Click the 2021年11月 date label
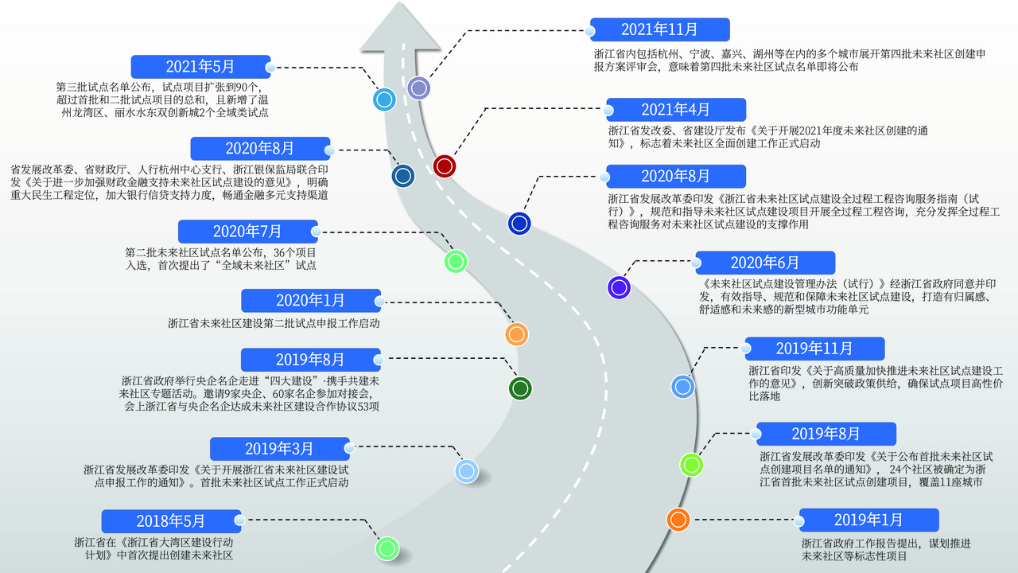click(659, 29)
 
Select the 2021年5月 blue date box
click(200, 67)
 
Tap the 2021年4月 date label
click(675, 110)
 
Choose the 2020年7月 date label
click(247, 232)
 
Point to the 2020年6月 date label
click(764, 263)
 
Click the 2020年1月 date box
click(311, 300)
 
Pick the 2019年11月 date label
click(814, 349)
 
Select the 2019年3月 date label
click(279, 449)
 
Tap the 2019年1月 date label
click(868, 520)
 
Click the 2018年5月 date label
click(170, 521)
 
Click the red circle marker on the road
click(445, 166)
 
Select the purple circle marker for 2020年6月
click(619, 287)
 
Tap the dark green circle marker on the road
click(520, 388)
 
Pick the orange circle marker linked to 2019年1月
click(678, 520)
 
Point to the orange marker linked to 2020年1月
click(517, 334)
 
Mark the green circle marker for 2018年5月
click(387, 548)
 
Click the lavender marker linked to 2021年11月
click(418, 88)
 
